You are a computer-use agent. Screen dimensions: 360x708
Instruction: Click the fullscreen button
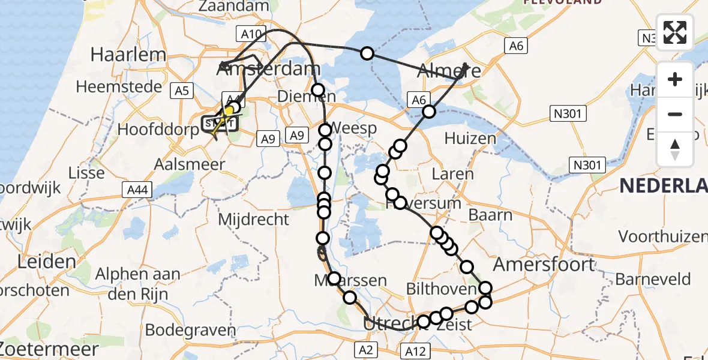click(675, 32)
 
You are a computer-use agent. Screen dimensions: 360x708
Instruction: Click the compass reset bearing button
click(675, 149)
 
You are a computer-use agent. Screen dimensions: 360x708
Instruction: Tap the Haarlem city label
click(128, 55)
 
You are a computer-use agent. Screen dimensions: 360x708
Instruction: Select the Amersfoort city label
click(544, 264)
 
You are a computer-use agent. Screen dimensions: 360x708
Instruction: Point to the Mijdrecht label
click(253, 219)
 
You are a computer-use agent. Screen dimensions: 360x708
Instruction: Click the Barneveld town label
click(653, 279)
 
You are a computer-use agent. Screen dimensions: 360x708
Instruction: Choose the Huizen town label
click(470, 138)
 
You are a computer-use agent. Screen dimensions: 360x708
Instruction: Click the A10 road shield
click(250, 34)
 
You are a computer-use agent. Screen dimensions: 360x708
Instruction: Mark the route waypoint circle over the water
click(367, 54)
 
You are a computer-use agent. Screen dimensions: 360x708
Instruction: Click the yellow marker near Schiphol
click(228, 112)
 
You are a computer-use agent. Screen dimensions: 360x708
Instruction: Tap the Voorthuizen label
click(662, 236)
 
